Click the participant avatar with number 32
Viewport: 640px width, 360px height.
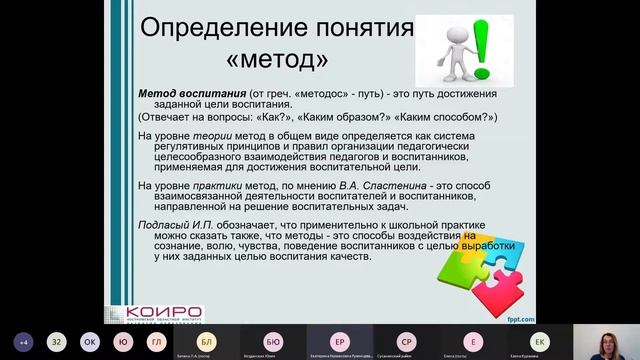(x=57, y=341)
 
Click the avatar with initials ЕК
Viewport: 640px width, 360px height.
(x=539, y=341)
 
